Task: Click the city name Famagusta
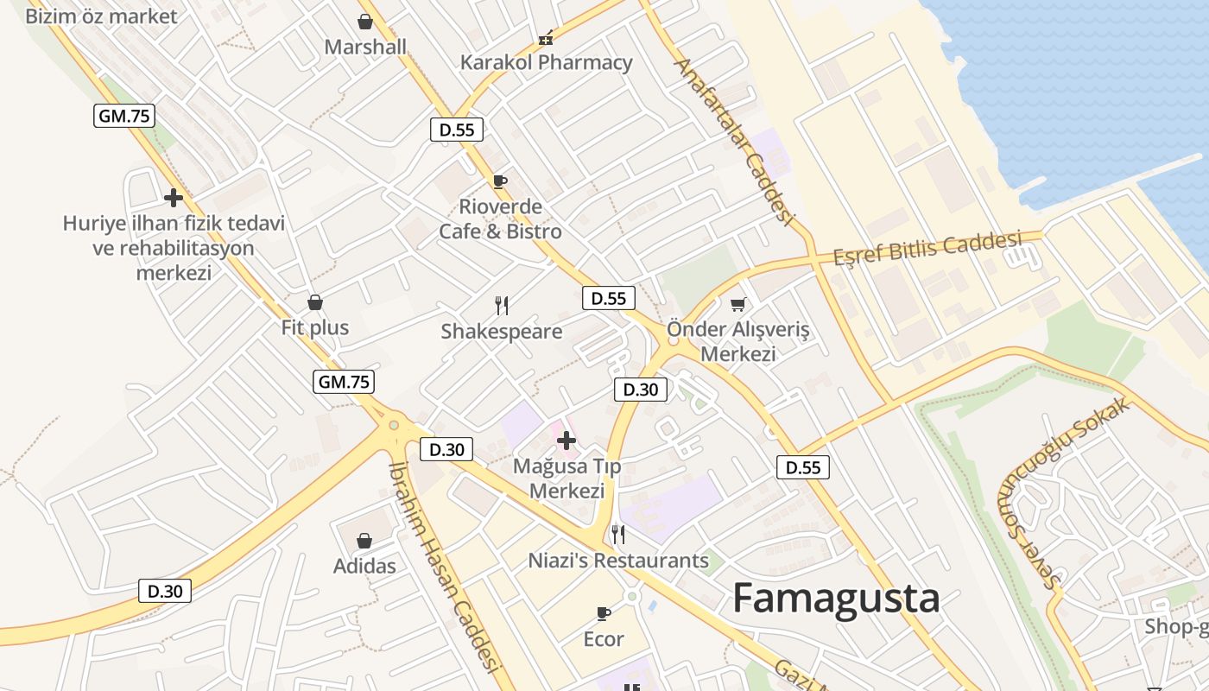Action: pos(836,599)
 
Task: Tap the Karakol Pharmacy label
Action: pos(546,62)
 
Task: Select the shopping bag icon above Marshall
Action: pos(365,22)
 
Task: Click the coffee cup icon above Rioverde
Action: pos(499,181)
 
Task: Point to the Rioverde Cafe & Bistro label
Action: pos(501,219)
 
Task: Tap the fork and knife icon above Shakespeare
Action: pos(502,305)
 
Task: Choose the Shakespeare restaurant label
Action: pos(502,332)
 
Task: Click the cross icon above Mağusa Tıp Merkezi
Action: pos(567,441)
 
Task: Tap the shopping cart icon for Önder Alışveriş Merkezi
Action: pos(738,304)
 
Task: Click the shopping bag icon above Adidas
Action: pos(364,541)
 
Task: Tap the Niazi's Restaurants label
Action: pos(618,561)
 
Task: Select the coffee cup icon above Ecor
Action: pos(604,613)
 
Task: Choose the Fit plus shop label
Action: pos(315,327)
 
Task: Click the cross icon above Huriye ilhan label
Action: pos(174,198)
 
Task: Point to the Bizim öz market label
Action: pos(101,16)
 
